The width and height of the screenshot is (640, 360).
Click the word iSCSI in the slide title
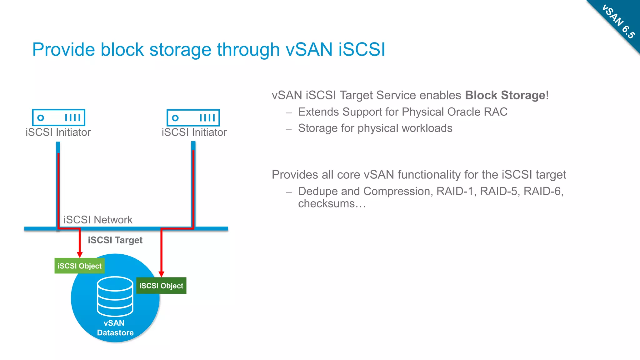[362, 49]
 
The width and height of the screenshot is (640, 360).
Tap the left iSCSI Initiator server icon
[58, 117]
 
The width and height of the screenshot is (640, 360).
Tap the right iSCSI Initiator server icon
[193, 118]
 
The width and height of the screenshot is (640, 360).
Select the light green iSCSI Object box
[79, 266]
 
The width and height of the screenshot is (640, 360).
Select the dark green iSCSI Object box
[161, 286]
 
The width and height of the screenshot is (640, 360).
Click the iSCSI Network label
[98, 220]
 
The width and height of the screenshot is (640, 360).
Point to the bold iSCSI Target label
[115, 240]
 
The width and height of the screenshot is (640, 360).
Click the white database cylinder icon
[115, 296]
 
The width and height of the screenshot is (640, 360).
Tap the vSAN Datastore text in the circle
[115, 328]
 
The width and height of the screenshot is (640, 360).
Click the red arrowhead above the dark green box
[162, 274]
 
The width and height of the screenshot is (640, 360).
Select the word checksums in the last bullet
[326, 204]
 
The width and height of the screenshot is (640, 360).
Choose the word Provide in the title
[63, 49]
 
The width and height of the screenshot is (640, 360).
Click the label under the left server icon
[58, 132]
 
